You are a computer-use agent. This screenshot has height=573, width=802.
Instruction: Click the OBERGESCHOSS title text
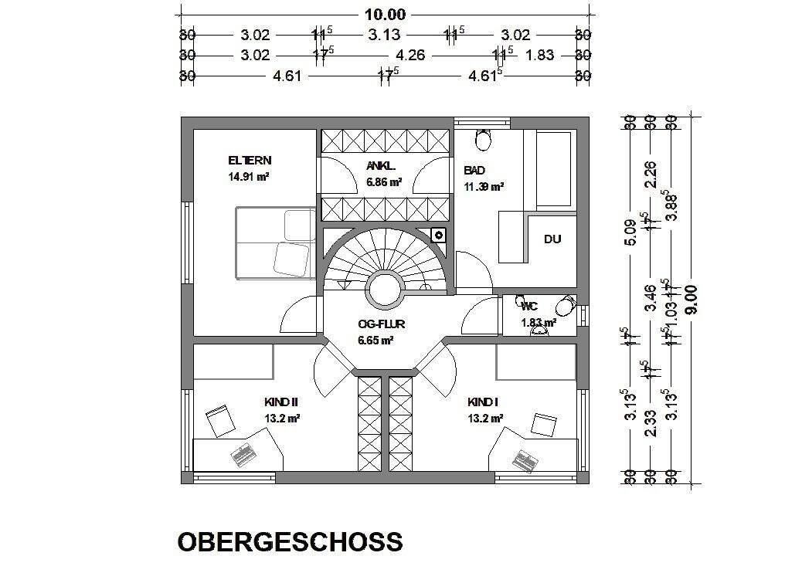click(290, 541)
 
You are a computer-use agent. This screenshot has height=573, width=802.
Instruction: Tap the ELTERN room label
click(250, 161)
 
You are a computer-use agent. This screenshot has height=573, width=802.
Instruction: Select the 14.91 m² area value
click(248, 176)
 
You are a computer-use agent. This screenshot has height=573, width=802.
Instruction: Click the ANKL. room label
click(381, 166)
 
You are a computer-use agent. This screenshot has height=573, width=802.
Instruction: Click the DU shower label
click(552, 239)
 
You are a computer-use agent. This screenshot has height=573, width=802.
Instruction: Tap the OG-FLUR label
click(376, 325)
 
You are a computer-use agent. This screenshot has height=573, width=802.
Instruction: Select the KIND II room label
click(281, 402)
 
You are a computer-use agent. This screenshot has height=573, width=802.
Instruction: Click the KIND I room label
click(484, 402)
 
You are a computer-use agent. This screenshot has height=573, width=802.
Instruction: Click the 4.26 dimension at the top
click(410, 55)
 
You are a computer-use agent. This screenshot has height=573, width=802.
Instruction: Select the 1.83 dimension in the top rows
click(540, 55)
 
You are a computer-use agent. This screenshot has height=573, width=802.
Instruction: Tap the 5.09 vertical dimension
click(630, 232)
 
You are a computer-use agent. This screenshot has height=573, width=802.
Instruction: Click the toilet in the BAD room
click(484, 140)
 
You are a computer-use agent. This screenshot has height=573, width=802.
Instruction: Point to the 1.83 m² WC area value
click(538, 322)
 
